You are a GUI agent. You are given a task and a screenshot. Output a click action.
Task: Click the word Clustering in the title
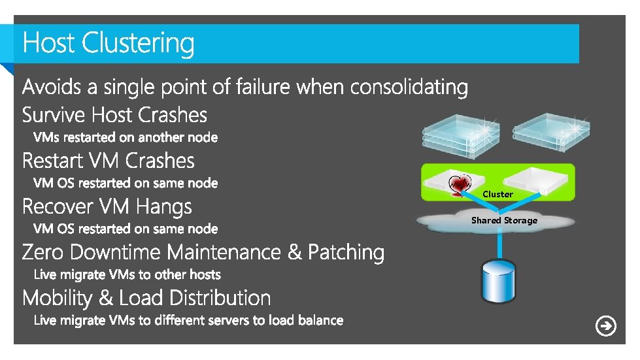click(138, 44)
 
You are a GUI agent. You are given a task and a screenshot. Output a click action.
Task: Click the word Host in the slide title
click(49, 44)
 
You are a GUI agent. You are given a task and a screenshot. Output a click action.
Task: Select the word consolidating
click(409, 86)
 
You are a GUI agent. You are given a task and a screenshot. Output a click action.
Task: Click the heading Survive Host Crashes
click(114, 116)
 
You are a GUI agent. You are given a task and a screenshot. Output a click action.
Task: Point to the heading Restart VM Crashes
click(109, 161)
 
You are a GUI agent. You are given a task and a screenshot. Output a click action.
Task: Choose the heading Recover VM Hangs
click(107, 207)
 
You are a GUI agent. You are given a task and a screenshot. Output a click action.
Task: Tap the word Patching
click(346, 252)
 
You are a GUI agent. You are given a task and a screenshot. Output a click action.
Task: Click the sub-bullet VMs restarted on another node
click(126, 137)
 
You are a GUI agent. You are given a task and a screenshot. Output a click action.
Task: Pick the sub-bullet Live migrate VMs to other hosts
click(127, 274)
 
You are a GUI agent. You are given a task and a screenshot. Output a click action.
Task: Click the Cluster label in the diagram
click(497, 194)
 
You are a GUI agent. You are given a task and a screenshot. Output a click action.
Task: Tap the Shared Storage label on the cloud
click(504, 220)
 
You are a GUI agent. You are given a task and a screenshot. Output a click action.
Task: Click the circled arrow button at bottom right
click(606, 325)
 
